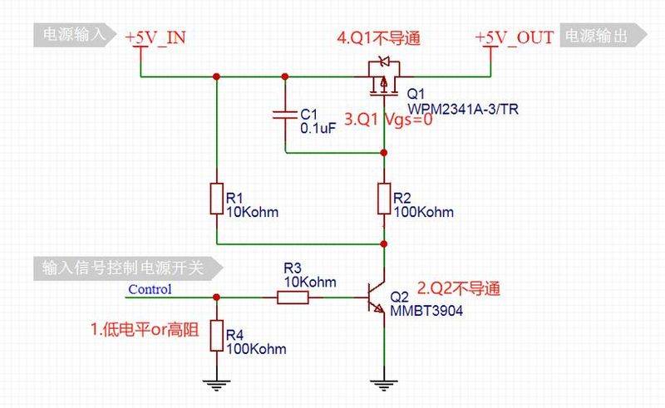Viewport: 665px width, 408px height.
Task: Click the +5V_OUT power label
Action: pyautogui.click(x=513, y=38)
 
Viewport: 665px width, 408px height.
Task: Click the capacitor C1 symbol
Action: pyautogui.click(x=284, y=114)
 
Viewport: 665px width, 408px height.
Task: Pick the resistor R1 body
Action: pyautogui.click(x=216, y=199)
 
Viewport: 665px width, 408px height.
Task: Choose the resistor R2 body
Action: pyautogui.click(x=384, y=199)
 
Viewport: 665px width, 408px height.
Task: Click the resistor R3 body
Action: pyautogui.click(x=292, y=297)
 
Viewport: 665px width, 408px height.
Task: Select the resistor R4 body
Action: pyautogui.click(x=216, y=337)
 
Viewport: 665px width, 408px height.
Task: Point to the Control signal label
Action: pyautogui.click(x=150, y=289)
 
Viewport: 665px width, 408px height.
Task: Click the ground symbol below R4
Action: pyautogui.click(x=216, y=383)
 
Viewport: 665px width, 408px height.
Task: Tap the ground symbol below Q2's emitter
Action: pyautogui.click(x=384, y=383)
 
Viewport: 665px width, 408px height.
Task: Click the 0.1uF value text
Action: pyautogui.click(x=318, y=128)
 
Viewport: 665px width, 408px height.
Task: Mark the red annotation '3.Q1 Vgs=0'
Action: pyautogui.click(x=389, y=120)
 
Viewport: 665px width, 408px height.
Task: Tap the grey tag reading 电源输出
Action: pyautogui.click(x=603, y=34)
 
